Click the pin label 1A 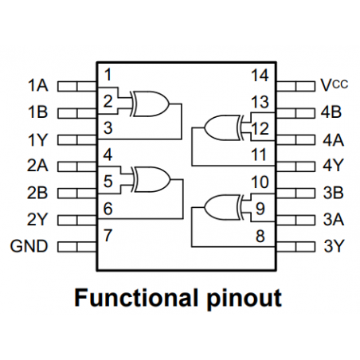tap(37, 84)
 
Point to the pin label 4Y tap(333, 166)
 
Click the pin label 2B tap(37, 193)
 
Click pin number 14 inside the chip tap(259, 76)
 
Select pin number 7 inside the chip tap(107, 237)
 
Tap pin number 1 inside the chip tap(107, 76)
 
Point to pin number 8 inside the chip tap(259, 237)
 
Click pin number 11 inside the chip tap(259, 155)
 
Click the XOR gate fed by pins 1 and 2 tap(150, 102)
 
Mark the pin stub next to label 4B tap(295, 112)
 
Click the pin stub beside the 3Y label tap(295, 246)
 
